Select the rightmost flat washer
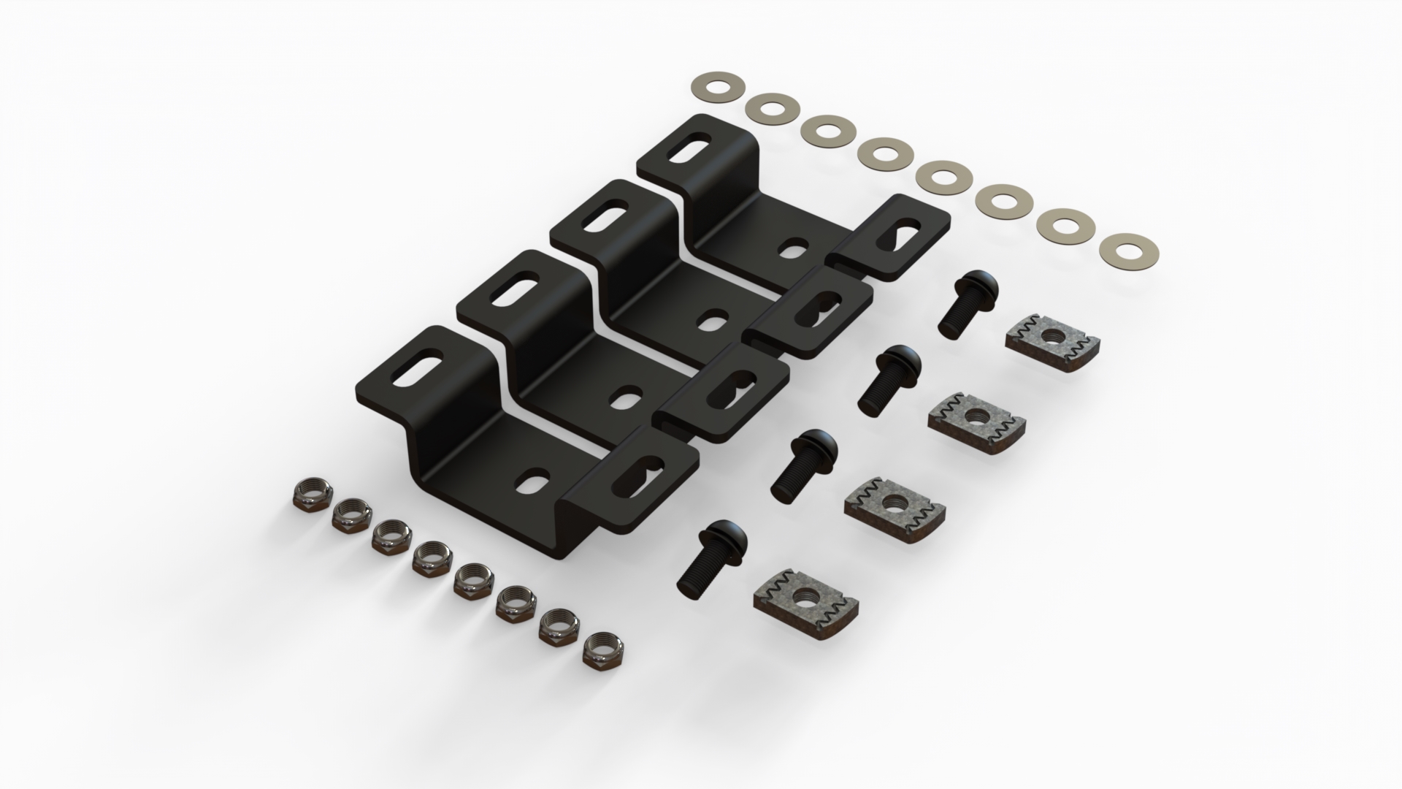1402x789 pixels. [1114, 249]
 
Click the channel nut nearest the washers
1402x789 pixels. [1051, 335]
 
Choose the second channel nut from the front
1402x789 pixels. [895, 507]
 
